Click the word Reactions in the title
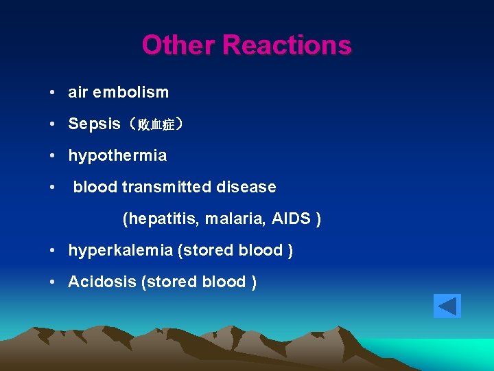pyautogui.click(x=287, y=46)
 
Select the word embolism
pyautogui.click(x=136, y=92)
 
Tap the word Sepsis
pyautogui.click(x=94, y=124)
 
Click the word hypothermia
pyautogui.click(x=117, y=156)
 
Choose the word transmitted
pyautogui.click(x=169, y=187)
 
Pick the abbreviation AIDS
pyautogui.click(x=292, y=219)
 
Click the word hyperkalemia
pyautogui.click(x=121, y=251)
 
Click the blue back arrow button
pyautogui.click(x=447, y=306)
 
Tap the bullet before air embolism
pyautogui.click(x=52, y=93)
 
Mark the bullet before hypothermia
pyautogui.click(x=52, y=156)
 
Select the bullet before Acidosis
pyautogui.click(x=52, y=282)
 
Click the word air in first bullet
pyautogui.click(x=78, y=92)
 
